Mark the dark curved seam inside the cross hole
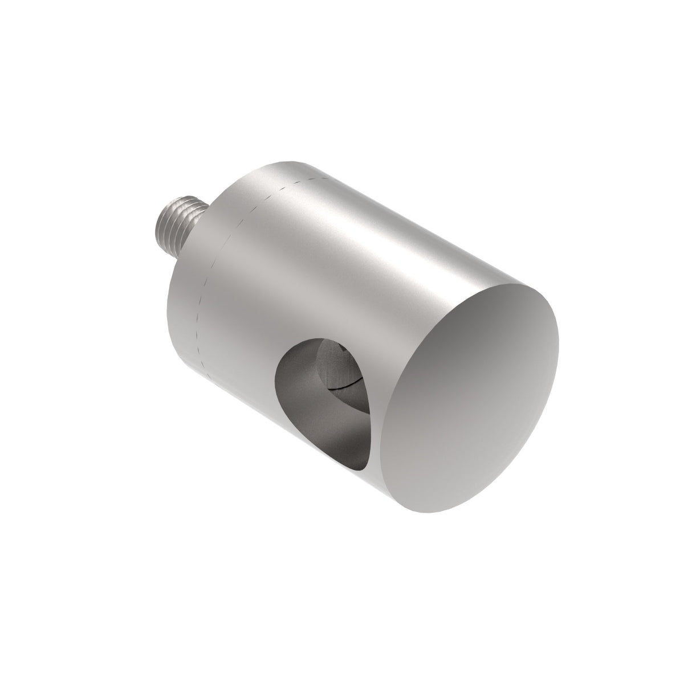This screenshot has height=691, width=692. tap(345, 385)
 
